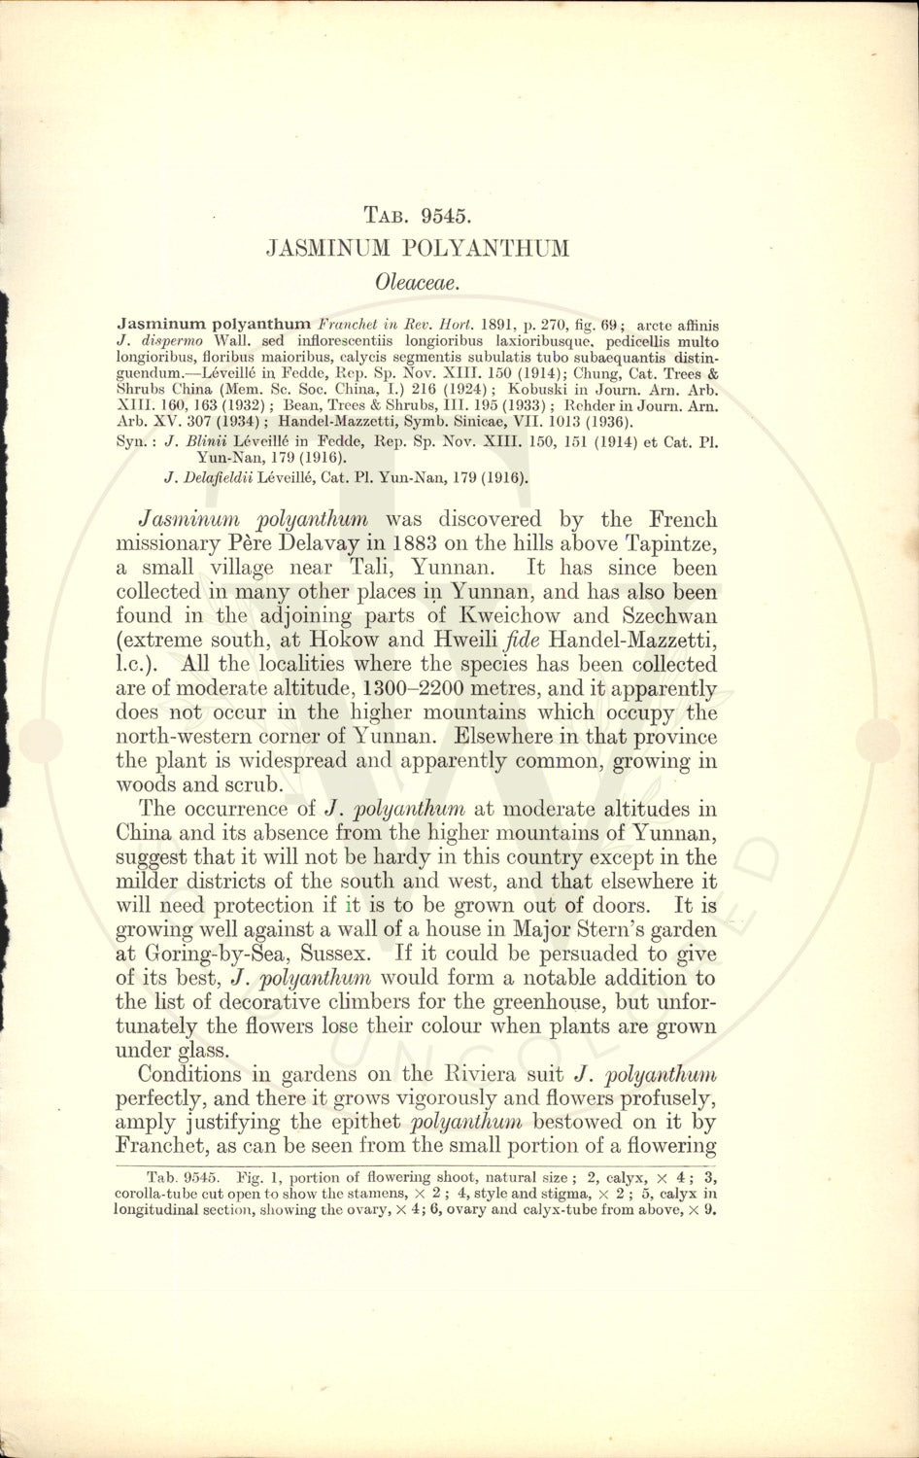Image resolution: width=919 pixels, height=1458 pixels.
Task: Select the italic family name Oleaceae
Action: pyautogui.click(x=416, y=282)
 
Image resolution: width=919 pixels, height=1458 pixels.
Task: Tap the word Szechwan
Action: pyautogui.click(x=670, y=616)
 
